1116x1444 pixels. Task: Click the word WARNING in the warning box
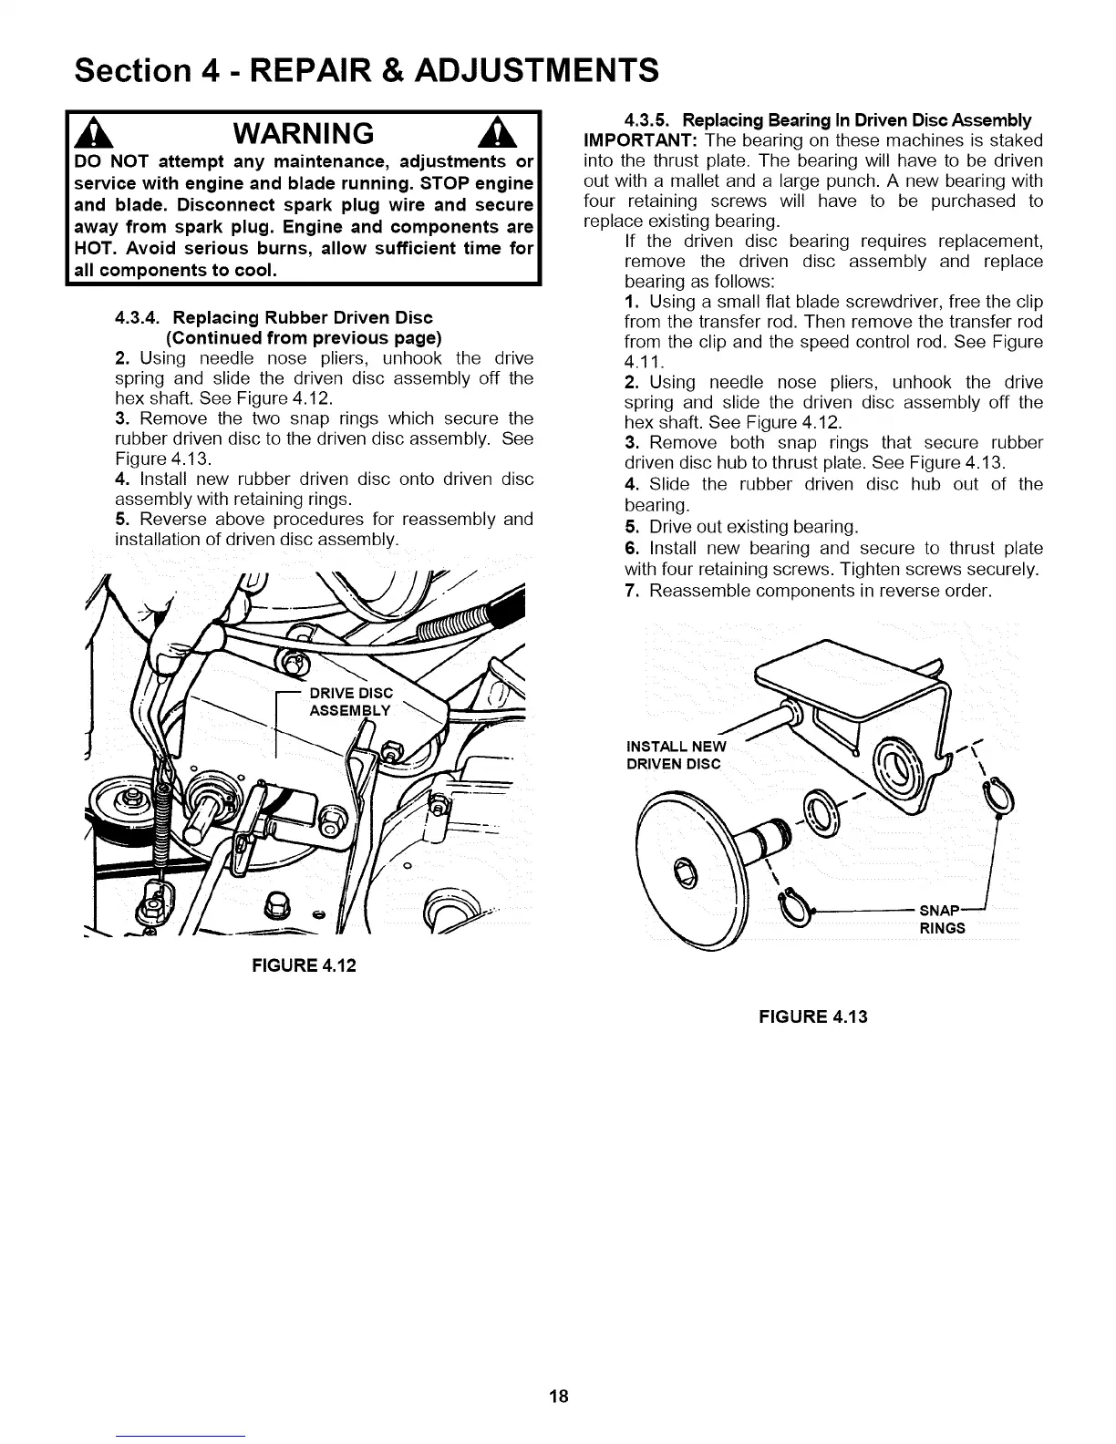point(304,135)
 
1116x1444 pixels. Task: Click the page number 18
point(558,1396)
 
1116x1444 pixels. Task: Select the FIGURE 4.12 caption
point(304,964)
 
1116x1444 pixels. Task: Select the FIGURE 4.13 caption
point(813,1016)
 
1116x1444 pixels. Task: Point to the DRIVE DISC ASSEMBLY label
point(351,703)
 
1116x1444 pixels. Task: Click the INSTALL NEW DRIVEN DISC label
point(675,756)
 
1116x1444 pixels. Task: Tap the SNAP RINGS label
point(942,920)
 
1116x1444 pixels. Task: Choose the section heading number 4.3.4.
point(139,318)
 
